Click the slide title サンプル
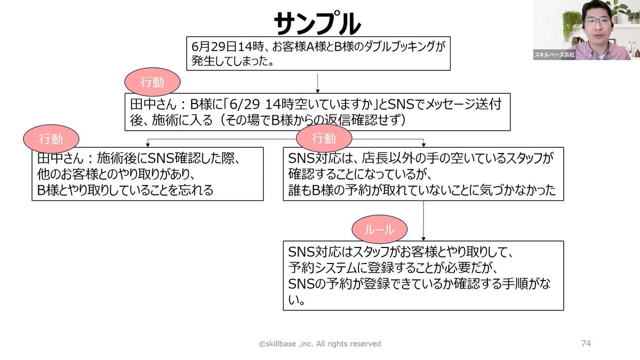[x=317, y=24]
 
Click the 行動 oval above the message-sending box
[x=152, y=82]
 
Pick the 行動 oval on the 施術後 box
[x=51, y=139]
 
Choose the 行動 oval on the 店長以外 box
[x=323, y=139]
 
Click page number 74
[x=586, y=343]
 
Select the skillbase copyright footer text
[x=320, y=344]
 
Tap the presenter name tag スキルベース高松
[x=555, y=55]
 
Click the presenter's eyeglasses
[x=597, y=22]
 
